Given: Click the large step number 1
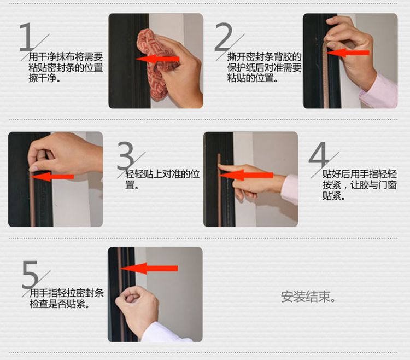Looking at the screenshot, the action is pos(26,37).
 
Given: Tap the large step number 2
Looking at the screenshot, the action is pos(223,37).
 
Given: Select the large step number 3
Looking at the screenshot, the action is pos(126,156).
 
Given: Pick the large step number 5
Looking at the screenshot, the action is pos(30,275).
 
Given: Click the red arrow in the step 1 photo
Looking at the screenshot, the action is pos(157,59).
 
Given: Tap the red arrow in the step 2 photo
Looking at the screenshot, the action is pos(348,53).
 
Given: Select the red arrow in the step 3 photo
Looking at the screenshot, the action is pos(52,176).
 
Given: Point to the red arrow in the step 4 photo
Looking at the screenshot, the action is pos(246,175).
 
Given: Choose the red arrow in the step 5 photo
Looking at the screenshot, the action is pos(149,269).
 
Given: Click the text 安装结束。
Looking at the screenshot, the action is pos(308,297).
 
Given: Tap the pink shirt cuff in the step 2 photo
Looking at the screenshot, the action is pos(379,91).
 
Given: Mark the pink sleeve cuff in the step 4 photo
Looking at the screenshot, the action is pos(290,189).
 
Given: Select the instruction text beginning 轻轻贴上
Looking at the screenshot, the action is pos(162,179).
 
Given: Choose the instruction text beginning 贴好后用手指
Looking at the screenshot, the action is pos(359,185).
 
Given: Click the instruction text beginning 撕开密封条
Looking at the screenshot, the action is pos(264,67).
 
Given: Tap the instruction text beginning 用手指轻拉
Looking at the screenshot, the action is pos(67,299).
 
